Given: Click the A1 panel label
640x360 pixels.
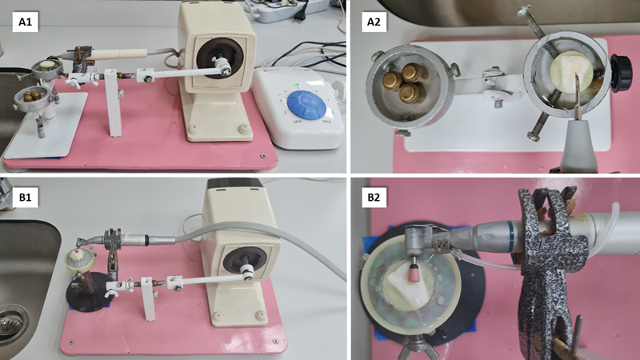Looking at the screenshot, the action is [x=26, y=22].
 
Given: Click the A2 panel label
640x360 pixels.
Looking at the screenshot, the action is [x=374, y=22].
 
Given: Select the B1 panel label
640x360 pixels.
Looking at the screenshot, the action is [x=26, y=197].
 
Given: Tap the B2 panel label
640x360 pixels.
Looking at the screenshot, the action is [x=374, y=197].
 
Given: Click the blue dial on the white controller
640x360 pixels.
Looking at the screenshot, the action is [x=307, y=104].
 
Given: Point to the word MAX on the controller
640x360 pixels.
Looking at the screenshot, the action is [x=327, y=122].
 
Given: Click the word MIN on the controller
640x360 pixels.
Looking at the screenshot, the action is [x=298, y=122].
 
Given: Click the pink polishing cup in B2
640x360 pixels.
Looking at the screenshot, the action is [x=415, y=270].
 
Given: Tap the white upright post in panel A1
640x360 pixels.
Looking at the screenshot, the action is [x=113, y=102].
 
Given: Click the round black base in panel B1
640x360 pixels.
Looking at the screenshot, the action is [x=88, y=294].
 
